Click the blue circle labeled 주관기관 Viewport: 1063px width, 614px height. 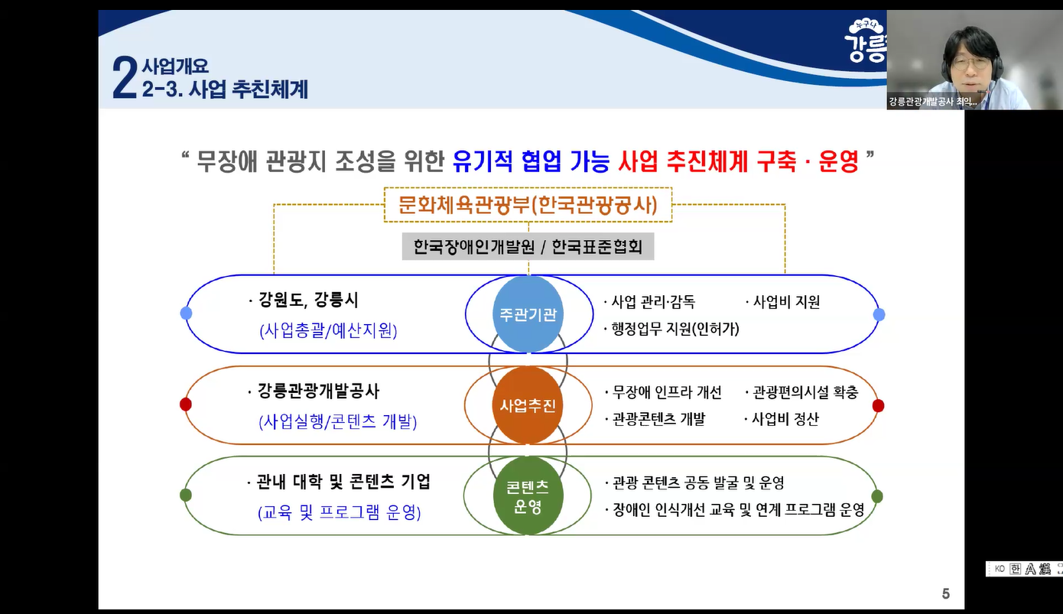(x=528, y=313)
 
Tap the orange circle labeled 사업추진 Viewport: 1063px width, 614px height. (x=528, y=405)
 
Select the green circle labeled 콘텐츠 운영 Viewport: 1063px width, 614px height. (x=528, y=495)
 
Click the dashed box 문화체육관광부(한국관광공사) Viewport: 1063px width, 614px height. (x=528, y=204)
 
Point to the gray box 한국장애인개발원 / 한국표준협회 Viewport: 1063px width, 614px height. (x=528, y=246)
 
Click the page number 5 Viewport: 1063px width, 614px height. (x=946, y=593)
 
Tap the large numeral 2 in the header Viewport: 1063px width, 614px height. (x=125, y=78)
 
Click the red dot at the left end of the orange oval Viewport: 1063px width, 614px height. (x=186, y=404)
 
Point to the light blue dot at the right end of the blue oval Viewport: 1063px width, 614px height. (x=879, y=314)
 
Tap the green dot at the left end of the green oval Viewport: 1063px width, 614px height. (x=186, y=495)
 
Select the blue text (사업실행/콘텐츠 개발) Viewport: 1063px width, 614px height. (x=338, y=421)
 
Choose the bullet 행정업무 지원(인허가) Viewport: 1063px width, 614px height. (x=672, y=329)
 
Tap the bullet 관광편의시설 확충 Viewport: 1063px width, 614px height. (x=802, y=392)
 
